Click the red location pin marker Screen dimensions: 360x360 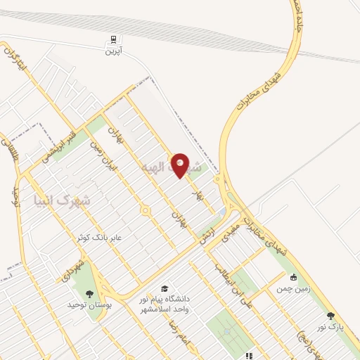tap(181, 165)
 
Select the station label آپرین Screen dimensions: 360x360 tap(114, 51)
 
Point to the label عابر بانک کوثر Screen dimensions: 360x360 tap(100, 238)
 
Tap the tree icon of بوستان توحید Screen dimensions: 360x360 tap(89, 293)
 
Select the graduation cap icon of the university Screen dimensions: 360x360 tap(165, 288)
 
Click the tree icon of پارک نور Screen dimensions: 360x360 tap(331, 316)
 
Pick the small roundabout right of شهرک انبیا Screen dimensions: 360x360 tap(146, 210)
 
